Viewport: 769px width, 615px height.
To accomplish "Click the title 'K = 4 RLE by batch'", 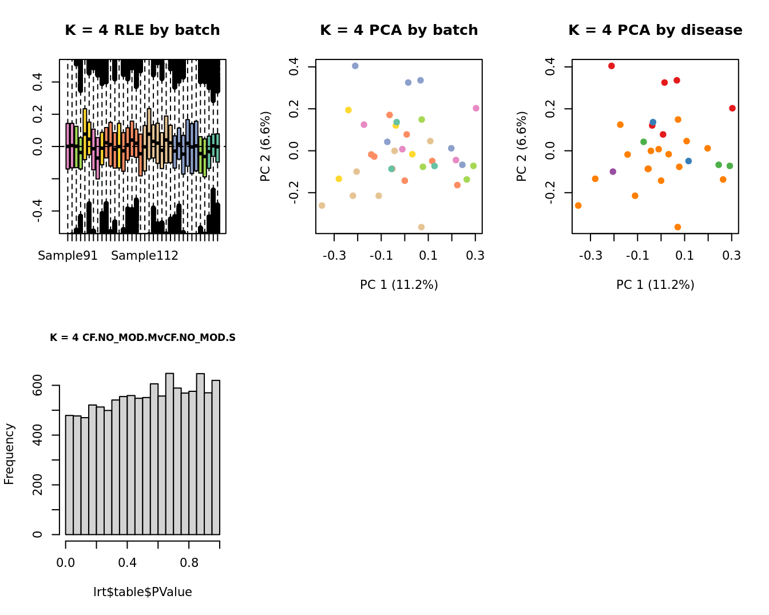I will [142, 30].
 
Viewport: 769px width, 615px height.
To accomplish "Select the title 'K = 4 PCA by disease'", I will [655, 30].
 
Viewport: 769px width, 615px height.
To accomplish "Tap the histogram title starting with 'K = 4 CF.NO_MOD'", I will [142, 338].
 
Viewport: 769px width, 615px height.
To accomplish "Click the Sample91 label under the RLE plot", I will [68, 256].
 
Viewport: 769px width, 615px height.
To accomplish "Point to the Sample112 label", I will [145, 256].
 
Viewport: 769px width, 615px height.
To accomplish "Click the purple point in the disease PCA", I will [613, 172].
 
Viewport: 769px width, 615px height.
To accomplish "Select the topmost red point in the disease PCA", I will [611, 66].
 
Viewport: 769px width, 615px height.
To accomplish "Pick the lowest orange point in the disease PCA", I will [677, 227].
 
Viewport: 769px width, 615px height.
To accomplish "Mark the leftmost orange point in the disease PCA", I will [578, 205].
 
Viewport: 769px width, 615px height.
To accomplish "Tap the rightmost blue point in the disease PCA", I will [688, 161].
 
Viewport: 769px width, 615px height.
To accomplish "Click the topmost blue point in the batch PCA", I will [355, 66].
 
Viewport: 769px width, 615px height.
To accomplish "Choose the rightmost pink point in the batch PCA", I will [476, 108].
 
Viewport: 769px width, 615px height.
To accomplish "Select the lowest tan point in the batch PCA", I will [421, 227].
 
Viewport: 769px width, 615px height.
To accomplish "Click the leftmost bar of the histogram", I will [69, 475].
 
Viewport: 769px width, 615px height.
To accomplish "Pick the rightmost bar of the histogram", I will [216, 458].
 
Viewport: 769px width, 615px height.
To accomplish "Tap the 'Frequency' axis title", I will [9, 454].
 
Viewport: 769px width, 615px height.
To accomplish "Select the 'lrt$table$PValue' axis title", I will [142, 592].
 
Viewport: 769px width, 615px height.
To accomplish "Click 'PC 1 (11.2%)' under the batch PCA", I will [399, 285].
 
